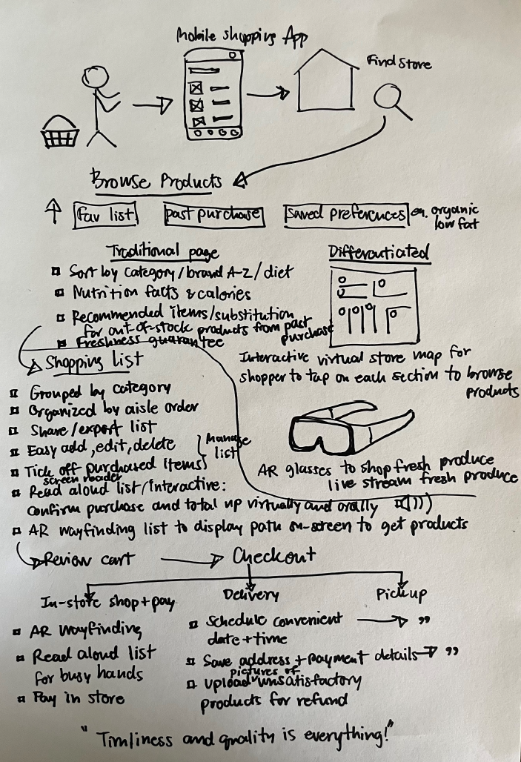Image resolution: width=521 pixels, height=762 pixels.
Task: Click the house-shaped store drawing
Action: click(x=327, y=82)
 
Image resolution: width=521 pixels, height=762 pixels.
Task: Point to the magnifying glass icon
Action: click(x=390, y=100)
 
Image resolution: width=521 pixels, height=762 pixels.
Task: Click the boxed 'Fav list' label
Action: click(x=105, y=214)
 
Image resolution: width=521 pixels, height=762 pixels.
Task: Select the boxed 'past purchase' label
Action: click(x=213, y=214)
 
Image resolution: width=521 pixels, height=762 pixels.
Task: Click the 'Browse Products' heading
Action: click(x=156, y=180)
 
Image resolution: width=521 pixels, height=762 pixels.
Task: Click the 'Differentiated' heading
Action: click(x=379, y=253)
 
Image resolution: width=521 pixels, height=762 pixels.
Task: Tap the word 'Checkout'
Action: click(x=275, y=555)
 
